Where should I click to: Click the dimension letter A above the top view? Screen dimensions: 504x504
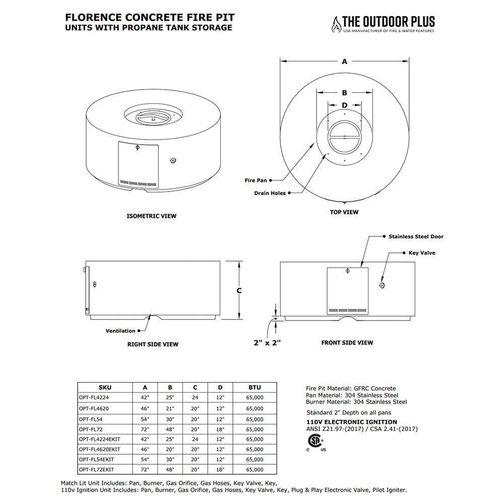pos(345,61)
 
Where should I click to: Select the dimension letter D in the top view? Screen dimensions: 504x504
pos(345,105)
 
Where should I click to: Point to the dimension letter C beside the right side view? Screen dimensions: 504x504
pos(239,291)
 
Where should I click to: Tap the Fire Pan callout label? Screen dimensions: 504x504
pos(256,180)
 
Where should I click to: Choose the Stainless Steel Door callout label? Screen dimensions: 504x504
pos(416,236)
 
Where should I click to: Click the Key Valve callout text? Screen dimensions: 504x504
pos(421,253)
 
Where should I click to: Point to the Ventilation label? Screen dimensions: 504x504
pos(120,331)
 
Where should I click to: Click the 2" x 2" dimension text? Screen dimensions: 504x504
pos(267,343)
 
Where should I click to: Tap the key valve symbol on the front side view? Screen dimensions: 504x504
pos(382,286)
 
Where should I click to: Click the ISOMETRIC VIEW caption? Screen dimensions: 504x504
pos(151,216)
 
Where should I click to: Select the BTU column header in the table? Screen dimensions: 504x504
pos(255,388)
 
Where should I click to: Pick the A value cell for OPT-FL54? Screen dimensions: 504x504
pos(145,419)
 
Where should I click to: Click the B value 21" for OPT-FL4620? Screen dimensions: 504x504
pos(170,408)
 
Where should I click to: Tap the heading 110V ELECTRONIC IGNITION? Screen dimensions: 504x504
pos(351,422)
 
